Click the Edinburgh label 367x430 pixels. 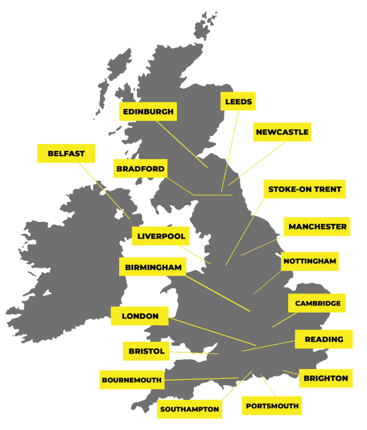tap(147, 112)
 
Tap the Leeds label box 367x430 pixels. tap(238, 102)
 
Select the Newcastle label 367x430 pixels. tap(282, 132)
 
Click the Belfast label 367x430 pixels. tap(66, 154)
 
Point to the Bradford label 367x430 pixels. tap(140, 169)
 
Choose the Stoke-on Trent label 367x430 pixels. tap(305, 189)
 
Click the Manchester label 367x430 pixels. tap(317, 227)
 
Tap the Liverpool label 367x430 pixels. tap(161, 236)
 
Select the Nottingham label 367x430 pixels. tap(310, 261)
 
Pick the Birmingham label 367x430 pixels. tap(153, 267)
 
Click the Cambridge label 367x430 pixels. tap(318, 303)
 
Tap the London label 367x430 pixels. tap(140, 316)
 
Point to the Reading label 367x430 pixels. tap(324, 339)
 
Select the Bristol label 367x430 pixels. tap(146, 351)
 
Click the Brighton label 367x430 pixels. tap(326, 378)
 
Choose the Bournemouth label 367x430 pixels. tap(132, 380)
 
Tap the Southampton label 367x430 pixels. tap(189, 409)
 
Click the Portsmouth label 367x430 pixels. tap(272, 406)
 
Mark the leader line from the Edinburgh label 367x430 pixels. tap(182, 144)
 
